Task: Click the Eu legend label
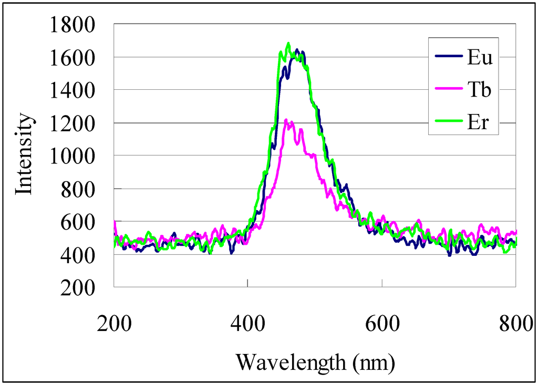[x=480, y=58]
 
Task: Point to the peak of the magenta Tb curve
[x=286, y=120]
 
